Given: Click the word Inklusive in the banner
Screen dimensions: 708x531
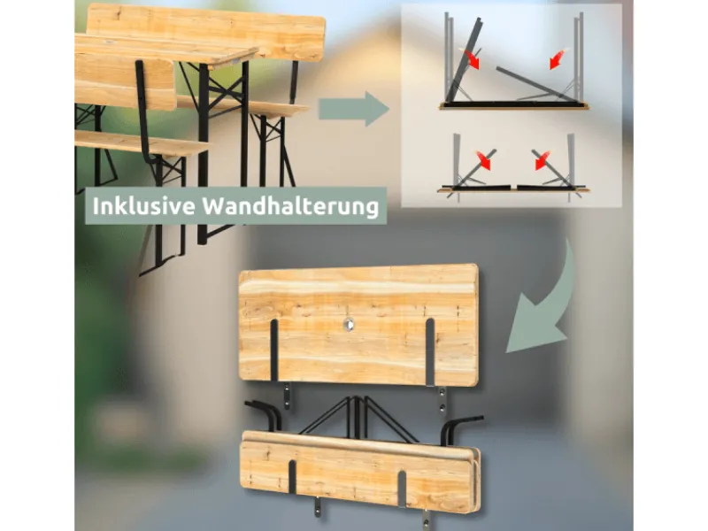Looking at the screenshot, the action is [143, 206].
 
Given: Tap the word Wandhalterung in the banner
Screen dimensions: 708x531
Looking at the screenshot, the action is [290, 206].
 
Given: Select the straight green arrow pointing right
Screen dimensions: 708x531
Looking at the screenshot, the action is [353, 109].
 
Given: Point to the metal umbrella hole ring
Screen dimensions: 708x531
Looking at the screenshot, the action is [349, 323].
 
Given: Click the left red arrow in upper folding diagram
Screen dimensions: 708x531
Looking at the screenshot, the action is [470, 59].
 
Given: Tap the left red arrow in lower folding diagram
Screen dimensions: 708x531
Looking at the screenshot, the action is [482, 160].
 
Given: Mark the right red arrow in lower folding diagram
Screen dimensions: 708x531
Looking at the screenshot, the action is [542, 160].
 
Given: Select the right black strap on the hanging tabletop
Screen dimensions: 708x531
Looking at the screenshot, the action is [430, 352].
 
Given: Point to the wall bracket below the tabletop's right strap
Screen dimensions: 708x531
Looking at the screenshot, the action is [442, 401].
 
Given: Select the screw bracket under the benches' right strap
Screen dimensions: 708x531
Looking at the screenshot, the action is [426, 518].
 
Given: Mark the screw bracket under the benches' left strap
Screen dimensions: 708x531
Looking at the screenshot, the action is [318, 504].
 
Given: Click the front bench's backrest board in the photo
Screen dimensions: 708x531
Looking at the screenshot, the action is [125, 81].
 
